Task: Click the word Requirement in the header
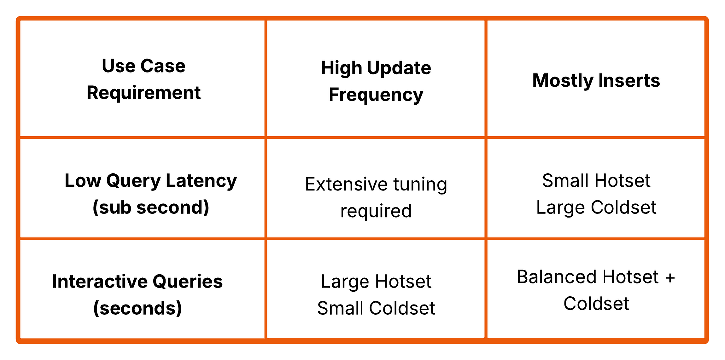click(143, 93)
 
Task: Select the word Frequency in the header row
click(376, 95)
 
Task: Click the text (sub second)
click(150, 207)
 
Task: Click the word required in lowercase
click(376, 211)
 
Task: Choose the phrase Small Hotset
click(596, 180)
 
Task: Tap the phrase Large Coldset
click(596, 207)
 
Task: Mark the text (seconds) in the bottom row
click(137, 308)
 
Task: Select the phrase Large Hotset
click(376, 282)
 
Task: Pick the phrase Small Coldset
click(376, 308)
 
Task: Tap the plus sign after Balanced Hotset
click(669, 277)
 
